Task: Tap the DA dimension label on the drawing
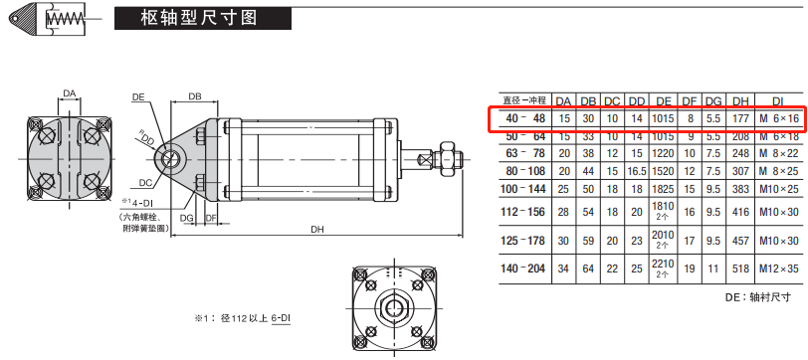tap(69, 94)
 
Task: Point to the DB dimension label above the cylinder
tap(195, 96)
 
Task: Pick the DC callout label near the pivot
tap(145, 182)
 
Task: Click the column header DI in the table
tap(776, 100)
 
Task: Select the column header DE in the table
tap(662, 100)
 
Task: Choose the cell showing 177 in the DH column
tap(740, 118)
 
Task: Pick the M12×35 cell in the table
tap(777, 269)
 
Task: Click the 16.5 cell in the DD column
tap(637, 170)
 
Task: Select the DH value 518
tap(740, 269)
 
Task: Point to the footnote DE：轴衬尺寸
tap(759, 296)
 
